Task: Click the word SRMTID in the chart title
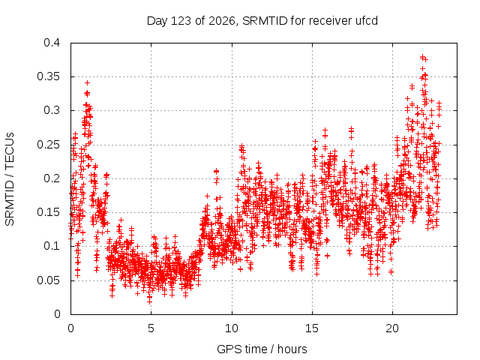265,21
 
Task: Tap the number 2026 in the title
222,21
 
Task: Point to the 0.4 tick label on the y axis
52,43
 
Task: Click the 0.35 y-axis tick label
48,76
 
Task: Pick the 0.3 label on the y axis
52,110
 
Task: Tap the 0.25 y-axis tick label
48,145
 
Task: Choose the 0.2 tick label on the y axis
52,178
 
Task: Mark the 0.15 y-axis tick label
48,212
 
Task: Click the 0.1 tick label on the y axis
52,246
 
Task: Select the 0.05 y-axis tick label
48,280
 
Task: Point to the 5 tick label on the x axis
151,328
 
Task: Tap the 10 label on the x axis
232,328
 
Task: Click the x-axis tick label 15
312,328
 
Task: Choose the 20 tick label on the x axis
392,328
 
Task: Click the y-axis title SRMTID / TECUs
10,179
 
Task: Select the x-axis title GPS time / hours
262,349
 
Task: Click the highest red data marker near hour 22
422,57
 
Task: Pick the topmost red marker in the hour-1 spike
87,83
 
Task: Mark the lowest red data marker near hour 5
149,301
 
